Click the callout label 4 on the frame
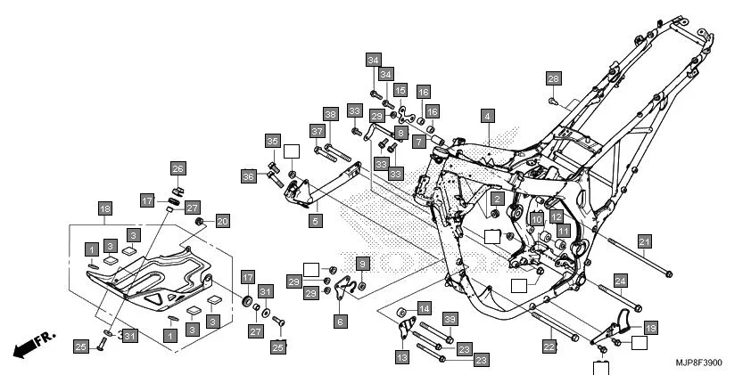(487, 116)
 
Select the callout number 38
(330, 115)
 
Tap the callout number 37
(317, 132)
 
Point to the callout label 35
(272, 142)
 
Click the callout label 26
(177, 168)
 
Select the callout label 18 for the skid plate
(105, 208)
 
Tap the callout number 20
(223, 221)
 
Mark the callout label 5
(315, 218)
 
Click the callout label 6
(341, 321)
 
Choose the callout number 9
(362, 263)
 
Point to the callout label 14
(425, 308)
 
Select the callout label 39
(450, 320)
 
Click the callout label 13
(401, 356)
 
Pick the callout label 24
(621, 281)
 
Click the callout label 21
(644, 240)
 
